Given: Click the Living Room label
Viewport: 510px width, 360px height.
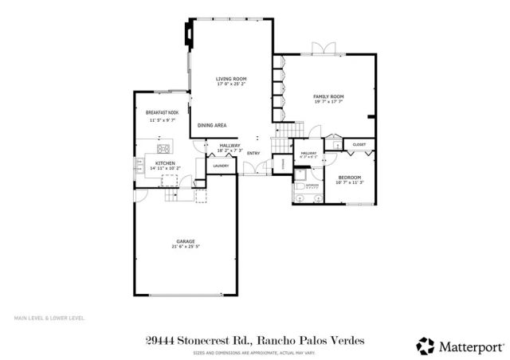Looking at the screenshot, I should click(x=231, y=79).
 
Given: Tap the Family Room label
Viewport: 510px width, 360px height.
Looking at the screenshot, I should click(x=328, y=96).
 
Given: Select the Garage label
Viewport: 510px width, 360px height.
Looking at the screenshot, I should click(x=186, y=241).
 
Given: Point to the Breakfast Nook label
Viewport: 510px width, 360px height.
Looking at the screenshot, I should click(x=162, y=114).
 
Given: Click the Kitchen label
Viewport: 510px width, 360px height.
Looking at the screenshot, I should click(x=166, y=162).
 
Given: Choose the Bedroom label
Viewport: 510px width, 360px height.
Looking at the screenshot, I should click(x=349, y=177).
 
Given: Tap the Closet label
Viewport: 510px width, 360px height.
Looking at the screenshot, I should click(x=359, y=145).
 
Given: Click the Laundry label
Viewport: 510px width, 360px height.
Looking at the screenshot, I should click(x=221, y=166).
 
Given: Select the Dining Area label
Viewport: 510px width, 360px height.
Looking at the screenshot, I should click(x=212, y=126).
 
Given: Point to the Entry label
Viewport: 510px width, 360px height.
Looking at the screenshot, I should click(x=253, y=153).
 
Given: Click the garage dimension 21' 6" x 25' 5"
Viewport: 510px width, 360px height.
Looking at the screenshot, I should click(x=186, y=247).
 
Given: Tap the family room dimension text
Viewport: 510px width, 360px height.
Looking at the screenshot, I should click(x=328, y=101).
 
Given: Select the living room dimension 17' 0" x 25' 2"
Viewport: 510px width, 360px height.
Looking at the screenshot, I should click(x=231, y=84).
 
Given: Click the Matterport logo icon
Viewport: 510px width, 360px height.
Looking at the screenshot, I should click(x=426, y=346).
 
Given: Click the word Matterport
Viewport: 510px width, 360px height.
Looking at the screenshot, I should click(x=471, y=346).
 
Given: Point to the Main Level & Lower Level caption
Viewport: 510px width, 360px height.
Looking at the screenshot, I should click(x=50, y=318).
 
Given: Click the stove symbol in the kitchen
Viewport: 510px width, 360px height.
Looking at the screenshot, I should click(x=163, y=148).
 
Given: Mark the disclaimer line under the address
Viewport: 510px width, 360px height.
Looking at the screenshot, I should click(x=255, y=351).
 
